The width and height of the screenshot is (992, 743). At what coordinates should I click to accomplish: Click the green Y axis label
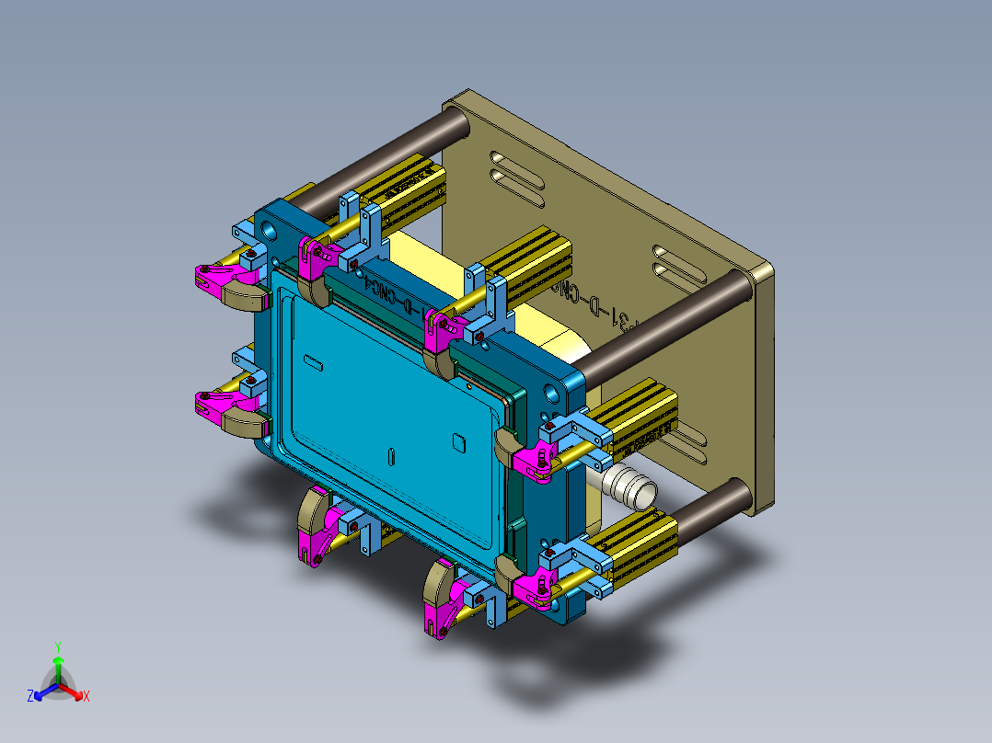57,646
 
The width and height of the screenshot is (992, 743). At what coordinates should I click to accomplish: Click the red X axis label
87,696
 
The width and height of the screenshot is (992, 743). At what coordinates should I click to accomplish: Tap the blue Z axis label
30,696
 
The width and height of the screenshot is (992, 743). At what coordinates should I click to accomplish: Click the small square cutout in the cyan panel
459,441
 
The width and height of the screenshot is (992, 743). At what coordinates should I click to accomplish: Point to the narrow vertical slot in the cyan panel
392,455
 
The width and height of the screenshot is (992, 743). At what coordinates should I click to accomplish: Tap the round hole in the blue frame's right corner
551,394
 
